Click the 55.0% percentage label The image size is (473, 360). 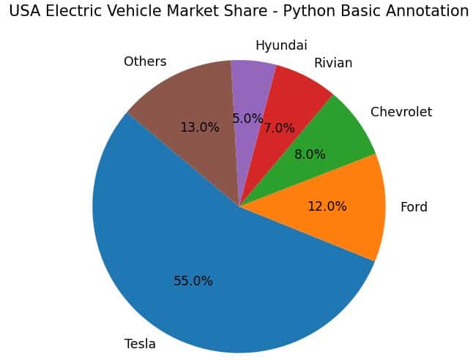193,281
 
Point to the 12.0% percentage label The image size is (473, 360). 327,206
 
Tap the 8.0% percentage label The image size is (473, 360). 310,155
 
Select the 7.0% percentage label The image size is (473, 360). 279,128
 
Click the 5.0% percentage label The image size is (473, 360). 247,119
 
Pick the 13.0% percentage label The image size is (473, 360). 200,127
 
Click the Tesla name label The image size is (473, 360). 140,344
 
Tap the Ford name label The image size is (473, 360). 414,207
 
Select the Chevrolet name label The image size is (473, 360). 401,112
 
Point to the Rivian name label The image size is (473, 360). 333,63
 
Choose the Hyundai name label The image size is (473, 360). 281,45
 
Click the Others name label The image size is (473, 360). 145,61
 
